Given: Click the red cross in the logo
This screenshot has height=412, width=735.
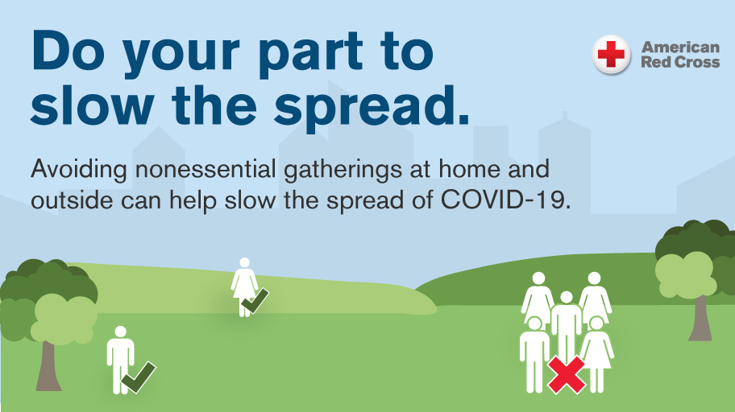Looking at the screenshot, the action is coord(611,54).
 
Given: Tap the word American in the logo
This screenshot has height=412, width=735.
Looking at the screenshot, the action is coord(680,47).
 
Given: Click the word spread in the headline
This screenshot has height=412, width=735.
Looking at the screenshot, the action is coord(372,106).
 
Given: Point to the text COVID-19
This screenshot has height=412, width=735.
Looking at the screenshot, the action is coord(506,200).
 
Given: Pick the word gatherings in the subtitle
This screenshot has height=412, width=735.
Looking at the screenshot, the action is coord(343,170).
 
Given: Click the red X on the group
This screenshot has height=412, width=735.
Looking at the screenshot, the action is coord(567,374).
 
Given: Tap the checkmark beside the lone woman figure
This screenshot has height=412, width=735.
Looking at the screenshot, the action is coord(255,301).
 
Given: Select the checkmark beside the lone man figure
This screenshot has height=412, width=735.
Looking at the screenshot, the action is coord(139,377).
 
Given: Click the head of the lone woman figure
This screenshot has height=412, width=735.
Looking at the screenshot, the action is coord(244,262).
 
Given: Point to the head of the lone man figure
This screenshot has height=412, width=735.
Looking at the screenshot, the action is coord(120,332).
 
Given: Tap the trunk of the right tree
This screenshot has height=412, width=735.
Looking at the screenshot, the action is coord(700,319).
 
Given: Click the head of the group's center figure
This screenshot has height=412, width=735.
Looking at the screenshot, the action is coord(567,297).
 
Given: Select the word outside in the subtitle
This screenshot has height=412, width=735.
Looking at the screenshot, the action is coord(72,200).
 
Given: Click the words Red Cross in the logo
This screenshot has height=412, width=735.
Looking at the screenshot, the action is coord(680,62).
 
